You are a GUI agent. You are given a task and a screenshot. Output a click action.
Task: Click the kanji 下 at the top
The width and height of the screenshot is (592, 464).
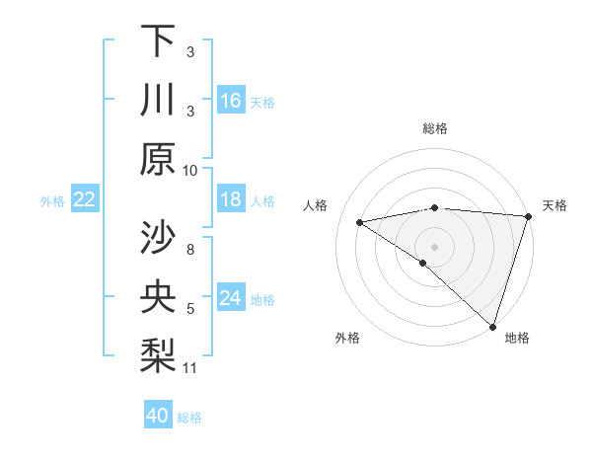tap(158, 40)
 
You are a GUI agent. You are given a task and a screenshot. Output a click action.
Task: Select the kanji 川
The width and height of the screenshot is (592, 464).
tap(158, 100)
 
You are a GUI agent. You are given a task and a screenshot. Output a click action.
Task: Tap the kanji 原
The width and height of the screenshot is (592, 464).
tap(158, 159)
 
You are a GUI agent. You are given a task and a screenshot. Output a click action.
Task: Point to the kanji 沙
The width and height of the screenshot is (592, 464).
tap(158, 238)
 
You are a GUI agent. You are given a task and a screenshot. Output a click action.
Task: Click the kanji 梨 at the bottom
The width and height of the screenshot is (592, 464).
tap(158, 356)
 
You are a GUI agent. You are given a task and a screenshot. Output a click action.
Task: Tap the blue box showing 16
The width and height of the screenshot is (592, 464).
tap(231, 100)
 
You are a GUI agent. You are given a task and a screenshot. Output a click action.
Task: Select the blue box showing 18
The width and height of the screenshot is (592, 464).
tap(231, 199)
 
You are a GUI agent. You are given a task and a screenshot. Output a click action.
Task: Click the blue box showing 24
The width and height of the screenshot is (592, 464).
tap(231, 298)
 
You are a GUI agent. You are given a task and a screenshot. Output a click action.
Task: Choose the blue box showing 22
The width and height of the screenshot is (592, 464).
tap(85, 199)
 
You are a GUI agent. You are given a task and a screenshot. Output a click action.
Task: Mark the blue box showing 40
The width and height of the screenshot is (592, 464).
tap(158, 416)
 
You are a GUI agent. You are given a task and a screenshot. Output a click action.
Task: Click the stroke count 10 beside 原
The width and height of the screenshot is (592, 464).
tap(190, 170)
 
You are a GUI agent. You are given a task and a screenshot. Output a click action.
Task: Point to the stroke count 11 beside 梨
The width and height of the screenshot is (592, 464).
tap(190, 368)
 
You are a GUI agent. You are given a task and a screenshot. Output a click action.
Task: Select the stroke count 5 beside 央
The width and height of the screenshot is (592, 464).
tap(190, 309)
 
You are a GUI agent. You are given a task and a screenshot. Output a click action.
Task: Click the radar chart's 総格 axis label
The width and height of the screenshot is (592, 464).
tap(435, 128)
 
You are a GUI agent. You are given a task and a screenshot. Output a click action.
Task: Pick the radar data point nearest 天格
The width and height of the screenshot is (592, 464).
tap(529, 216)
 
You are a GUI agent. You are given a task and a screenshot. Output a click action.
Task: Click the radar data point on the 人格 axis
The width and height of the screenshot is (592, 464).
tap(360, 222)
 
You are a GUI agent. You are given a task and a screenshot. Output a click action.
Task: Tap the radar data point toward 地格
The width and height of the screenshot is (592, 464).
tap(491, 325)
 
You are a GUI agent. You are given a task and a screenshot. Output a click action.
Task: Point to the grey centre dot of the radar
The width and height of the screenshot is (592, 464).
tap(434, 246)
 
